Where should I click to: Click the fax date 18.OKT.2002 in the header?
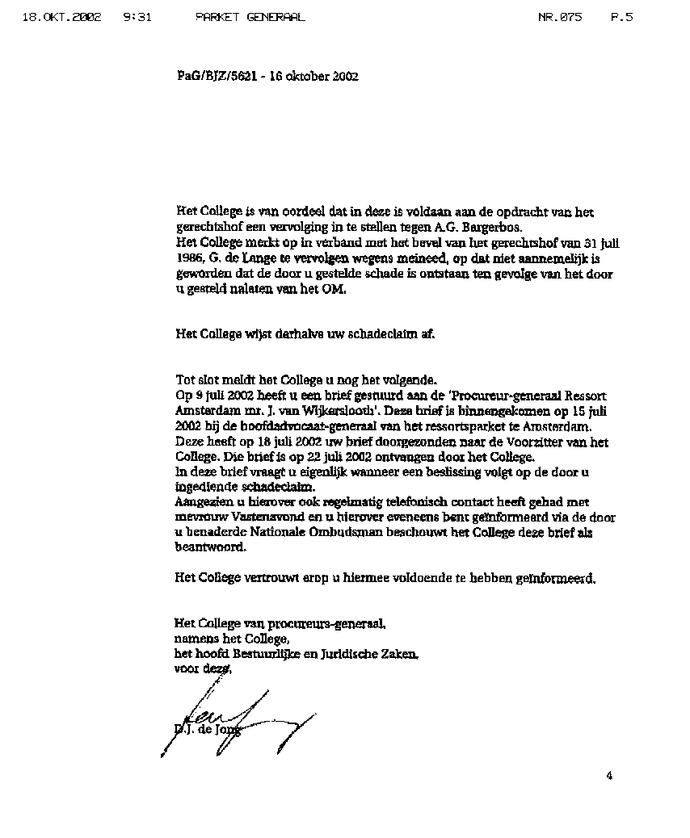coord(62,17)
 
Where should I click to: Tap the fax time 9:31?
coord(138,17)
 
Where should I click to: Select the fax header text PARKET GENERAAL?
coord(250,17)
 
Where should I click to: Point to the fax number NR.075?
coord(559,17)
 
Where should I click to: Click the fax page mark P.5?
coord(621,17)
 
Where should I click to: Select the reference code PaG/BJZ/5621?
coord(216,77)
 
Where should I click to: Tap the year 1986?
coord(189,258)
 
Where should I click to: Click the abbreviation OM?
coord(334,290)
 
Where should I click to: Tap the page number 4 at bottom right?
coord(609,777)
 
